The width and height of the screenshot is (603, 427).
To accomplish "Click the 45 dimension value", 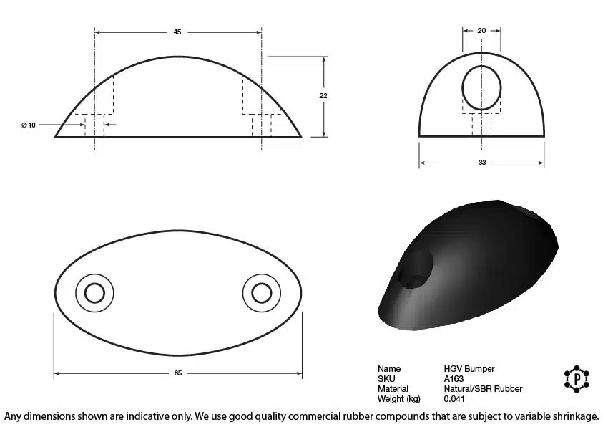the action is pos(177,32).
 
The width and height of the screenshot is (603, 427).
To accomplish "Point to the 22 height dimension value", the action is pos(323,95).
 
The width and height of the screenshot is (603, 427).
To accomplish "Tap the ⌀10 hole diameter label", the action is pos(29,125).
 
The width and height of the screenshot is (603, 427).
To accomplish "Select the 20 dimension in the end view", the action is pos(481,30).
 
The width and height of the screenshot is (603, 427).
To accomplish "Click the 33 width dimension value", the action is pos(482,163).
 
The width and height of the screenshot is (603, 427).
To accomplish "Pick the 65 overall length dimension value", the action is pos(177,373).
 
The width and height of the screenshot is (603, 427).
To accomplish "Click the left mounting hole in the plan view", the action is pos(94,294).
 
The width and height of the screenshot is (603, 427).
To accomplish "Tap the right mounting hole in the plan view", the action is pos(262,294).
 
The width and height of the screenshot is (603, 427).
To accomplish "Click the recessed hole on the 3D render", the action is pos(416,269).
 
